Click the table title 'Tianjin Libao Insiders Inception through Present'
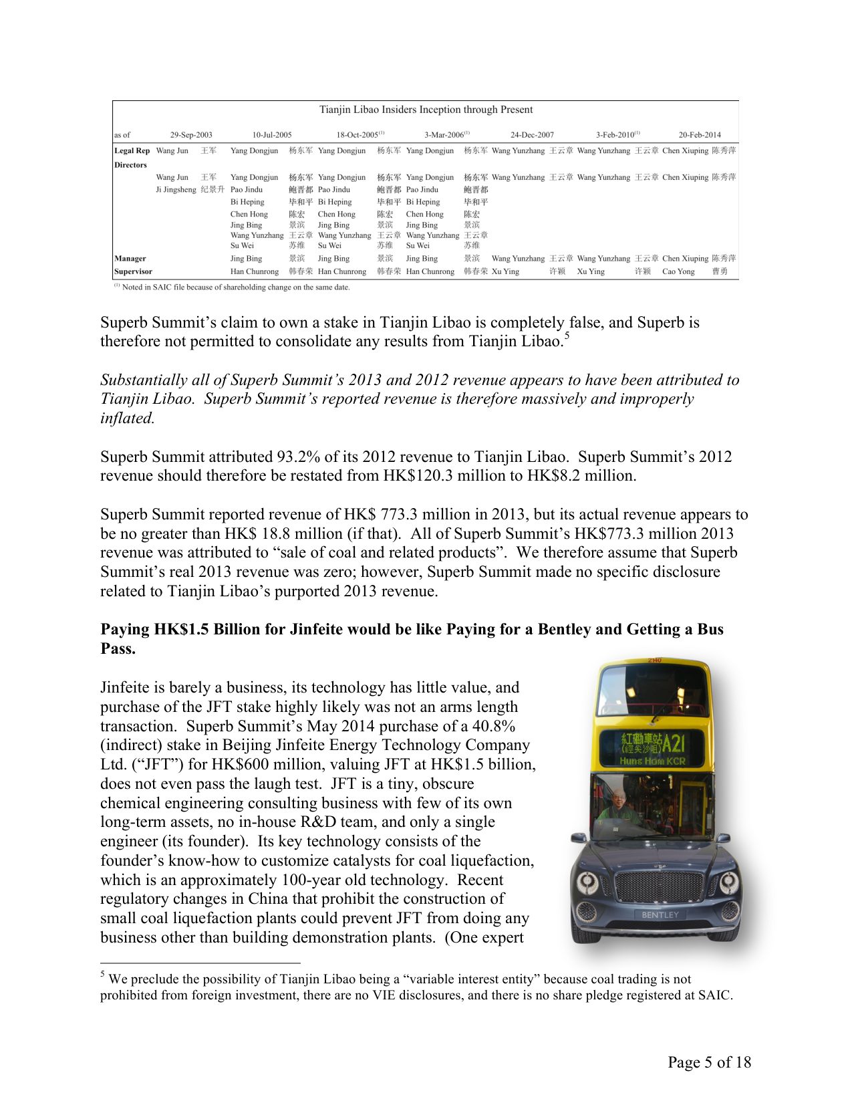[426, 110]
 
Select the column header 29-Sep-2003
[191, 134]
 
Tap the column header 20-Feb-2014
[700, 134]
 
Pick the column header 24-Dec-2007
[532, 134]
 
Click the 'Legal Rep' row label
[132, 151]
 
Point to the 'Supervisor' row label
[133, 271]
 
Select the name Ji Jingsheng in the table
[176, 190]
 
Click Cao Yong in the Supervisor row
[678, 271]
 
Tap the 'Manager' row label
[130, 259]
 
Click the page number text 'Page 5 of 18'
[709, 1062]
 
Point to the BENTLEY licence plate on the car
[660, 914]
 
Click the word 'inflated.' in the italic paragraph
[127, 418]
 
